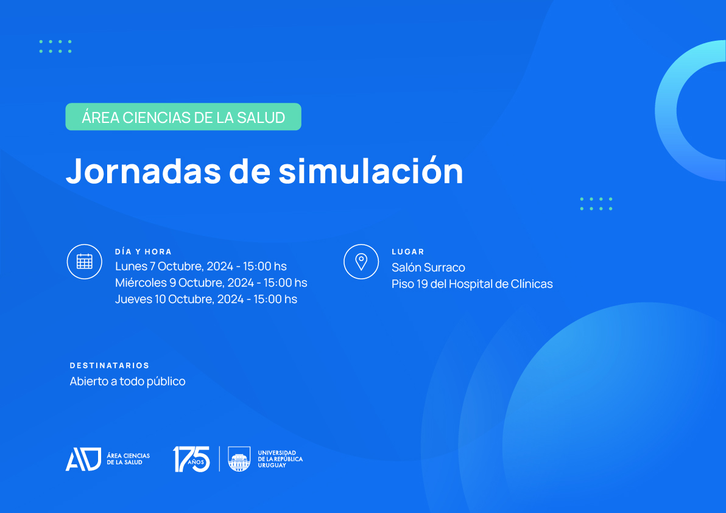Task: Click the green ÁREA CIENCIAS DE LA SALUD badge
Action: coord(183,117)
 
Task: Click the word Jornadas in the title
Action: coord(143,170)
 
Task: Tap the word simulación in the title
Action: coord(370,170)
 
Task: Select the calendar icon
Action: coord(84,261)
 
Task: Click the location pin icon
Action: coord(361,261)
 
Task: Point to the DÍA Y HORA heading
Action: coord(144,252)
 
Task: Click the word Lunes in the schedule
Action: coord(131,266)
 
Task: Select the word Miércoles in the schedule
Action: coord(141,282)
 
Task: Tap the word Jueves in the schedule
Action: coord(133,299)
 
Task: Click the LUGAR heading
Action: coord(408,252)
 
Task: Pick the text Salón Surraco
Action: coord(428,267)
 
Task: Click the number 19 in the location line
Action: coord(422,284)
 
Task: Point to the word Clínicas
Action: coord(532,284)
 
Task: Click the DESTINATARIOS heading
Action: coord(110,366)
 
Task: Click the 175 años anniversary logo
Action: coord(191,459)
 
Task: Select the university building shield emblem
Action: coord(239,459)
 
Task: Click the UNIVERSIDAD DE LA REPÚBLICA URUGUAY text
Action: coord(280,459)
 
